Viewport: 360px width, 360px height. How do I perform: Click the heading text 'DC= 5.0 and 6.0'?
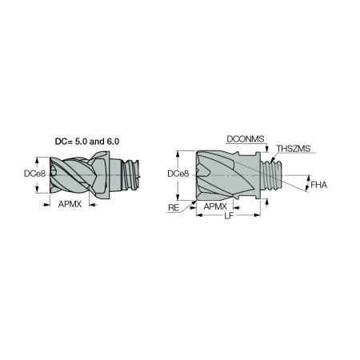tap(89, 141)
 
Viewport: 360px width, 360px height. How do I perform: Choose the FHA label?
tap(319, 185)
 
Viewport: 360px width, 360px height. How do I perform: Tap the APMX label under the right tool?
tap(214, 206)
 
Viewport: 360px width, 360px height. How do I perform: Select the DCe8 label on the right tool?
tap(178, 173)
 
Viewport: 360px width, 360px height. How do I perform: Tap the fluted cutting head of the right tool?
tap(224, 174)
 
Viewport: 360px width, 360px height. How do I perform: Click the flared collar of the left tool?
tap(106, 171)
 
